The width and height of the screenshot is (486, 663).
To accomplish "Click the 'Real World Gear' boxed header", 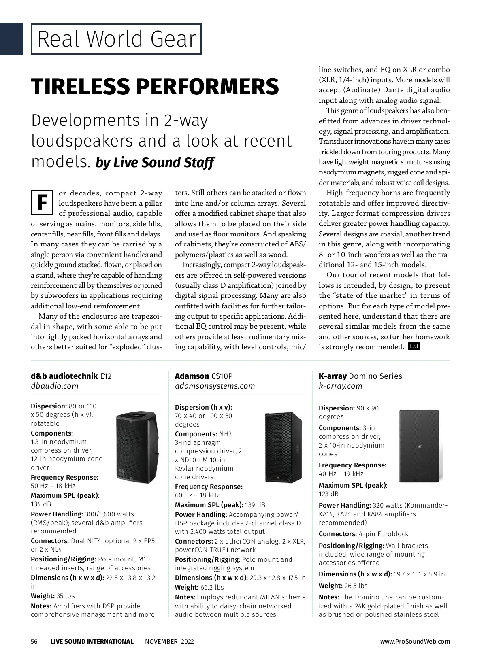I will click(x=116, y=39).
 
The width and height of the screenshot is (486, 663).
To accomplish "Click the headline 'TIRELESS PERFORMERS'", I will click(x=155, y=86).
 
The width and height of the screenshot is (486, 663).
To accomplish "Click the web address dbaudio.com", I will click(x=54, y=386).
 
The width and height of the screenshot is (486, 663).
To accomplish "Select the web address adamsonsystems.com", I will click(x=215, y=386).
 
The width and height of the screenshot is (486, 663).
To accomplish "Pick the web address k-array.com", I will click(x=340, y=386).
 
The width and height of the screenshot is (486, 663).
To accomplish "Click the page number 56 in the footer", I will click(x=34, y=642).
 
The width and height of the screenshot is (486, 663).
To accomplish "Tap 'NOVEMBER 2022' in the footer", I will click(x=169, y=642).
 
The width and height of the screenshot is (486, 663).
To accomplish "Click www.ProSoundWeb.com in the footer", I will click(x=415, y=642).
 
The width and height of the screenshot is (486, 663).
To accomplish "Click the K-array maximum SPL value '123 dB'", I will click(x=328, y=494).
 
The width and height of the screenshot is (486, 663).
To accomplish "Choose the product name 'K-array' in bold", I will click(x=333, y=376).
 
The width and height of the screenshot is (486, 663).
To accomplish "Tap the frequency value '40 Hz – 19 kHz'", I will click(x=341, y=474).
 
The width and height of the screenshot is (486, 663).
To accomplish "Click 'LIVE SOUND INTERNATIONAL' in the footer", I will click(x=92, y=642).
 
